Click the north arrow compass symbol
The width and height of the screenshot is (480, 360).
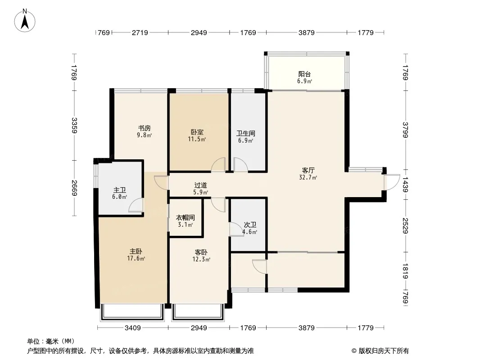25,21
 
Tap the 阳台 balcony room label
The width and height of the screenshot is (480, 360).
304,74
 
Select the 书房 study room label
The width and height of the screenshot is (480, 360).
144,128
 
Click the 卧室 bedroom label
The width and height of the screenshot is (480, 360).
197,132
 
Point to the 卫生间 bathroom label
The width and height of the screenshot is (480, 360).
245,133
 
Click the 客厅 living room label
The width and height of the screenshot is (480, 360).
308,171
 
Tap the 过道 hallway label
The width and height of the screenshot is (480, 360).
200,185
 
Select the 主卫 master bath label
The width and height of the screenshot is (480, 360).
119,190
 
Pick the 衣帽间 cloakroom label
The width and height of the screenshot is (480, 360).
185,218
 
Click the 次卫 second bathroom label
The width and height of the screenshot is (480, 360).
250,225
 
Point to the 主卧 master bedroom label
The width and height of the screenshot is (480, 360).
136,252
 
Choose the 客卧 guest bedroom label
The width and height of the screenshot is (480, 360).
201,252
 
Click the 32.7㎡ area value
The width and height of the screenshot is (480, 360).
308,177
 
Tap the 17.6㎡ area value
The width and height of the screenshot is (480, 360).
136,258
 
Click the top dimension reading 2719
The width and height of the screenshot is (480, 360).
140,32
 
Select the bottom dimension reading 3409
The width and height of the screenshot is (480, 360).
132,328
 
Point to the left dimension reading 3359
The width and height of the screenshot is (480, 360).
74,126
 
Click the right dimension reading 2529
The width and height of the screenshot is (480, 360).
405,226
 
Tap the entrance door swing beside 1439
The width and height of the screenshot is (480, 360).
392,182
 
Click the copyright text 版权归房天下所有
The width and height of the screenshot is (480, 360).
384,351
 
